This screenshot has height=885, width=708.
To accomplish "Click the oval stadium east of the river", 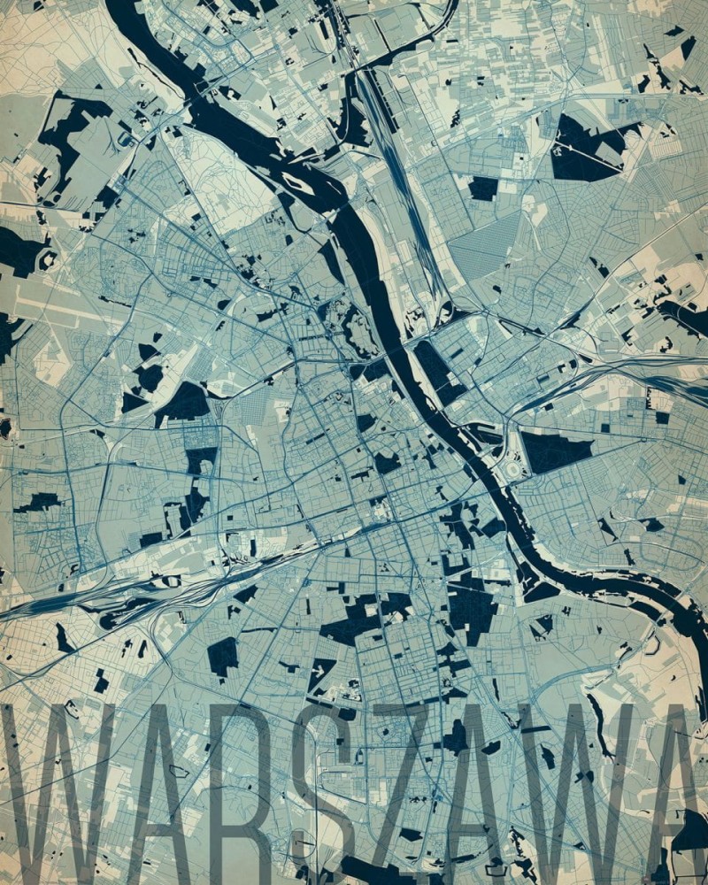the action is [512, 468].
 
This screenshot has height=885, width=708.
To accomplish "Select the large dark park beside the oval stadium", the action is [553, 451].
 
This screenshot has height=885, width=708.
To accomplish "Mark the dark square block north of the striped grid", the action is [483, 188].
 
